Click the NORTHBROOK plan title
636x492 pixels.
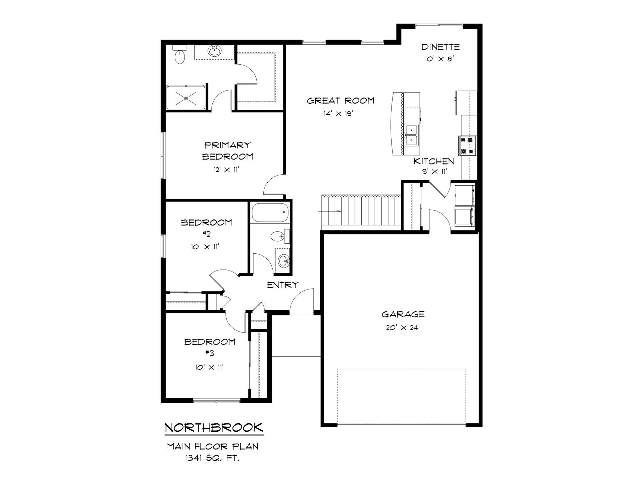[214, 427]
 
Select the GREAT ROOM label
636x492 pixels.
[341, 100]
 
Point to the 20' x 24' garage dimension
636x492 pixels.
[403, 328]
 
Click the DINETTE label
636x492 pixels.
[440, 47]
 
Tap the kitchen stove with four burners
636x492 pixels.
[467, 146]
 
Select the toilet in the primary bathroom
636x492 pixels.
[180, 55]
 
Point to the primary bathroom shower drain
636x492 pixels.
[186, 98]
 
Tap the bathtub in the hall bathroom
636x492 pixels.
[270, 212]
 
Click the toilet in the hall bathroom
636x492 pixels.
[280, 236]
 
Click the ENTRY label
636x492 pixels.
[283, 284]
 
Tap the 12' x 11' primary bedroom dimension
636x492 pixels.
[227, 170]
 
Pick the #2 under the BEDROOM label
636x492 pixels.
[207, 234]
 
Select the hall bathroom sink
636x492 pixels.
[284, 261]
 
